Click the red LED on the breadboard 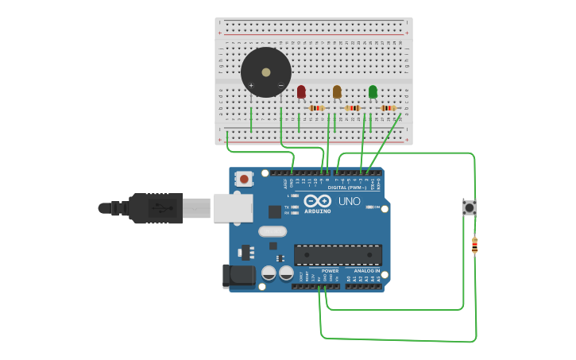click(301, 91)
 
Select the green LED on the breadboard click(373, 91)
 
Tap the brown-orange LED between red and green click(337, 91)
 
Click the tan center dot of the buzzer click(266, 72)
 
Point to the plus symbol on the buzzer click(251, 85)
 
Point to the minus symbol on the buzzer click(280, 85)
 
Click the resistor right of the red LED click(317, 108)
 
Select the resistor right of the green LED click(389, 108)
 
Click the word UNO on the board click(350, 201)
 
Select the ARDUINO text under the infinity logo click(317, 211)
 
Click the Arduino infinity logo click(317, 200)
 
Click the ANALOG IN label click(366, 270)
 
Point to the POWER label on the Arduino click(330, 270)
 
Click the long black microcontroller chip click(338, 254)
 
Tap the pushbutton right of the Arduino click(469, 207)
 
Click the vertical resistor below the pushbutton click(474, 246)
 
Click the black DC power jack click(238, 275)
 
